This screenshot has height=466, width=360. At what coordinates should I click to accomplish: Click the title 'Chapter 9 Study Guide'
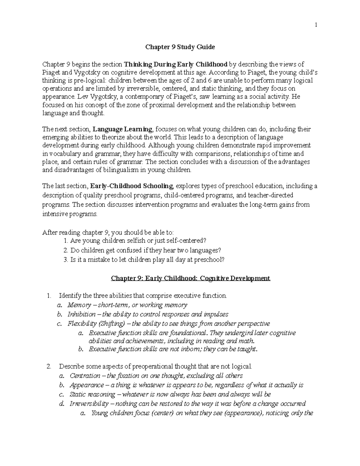pos(180,47)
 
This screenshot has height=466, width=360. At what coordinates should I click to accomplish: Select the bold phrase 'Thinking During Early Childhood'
pos(176,64)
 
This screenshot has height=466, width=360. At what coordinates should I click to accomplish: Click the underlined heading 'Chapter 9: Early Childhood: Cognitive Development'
pos(190,278)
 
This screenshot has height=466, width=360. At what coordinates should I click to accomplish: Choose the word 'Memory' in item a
pos(79,305)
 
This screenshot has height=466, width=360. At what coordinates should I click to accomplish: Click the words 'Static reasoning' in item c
pos(92,394)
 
